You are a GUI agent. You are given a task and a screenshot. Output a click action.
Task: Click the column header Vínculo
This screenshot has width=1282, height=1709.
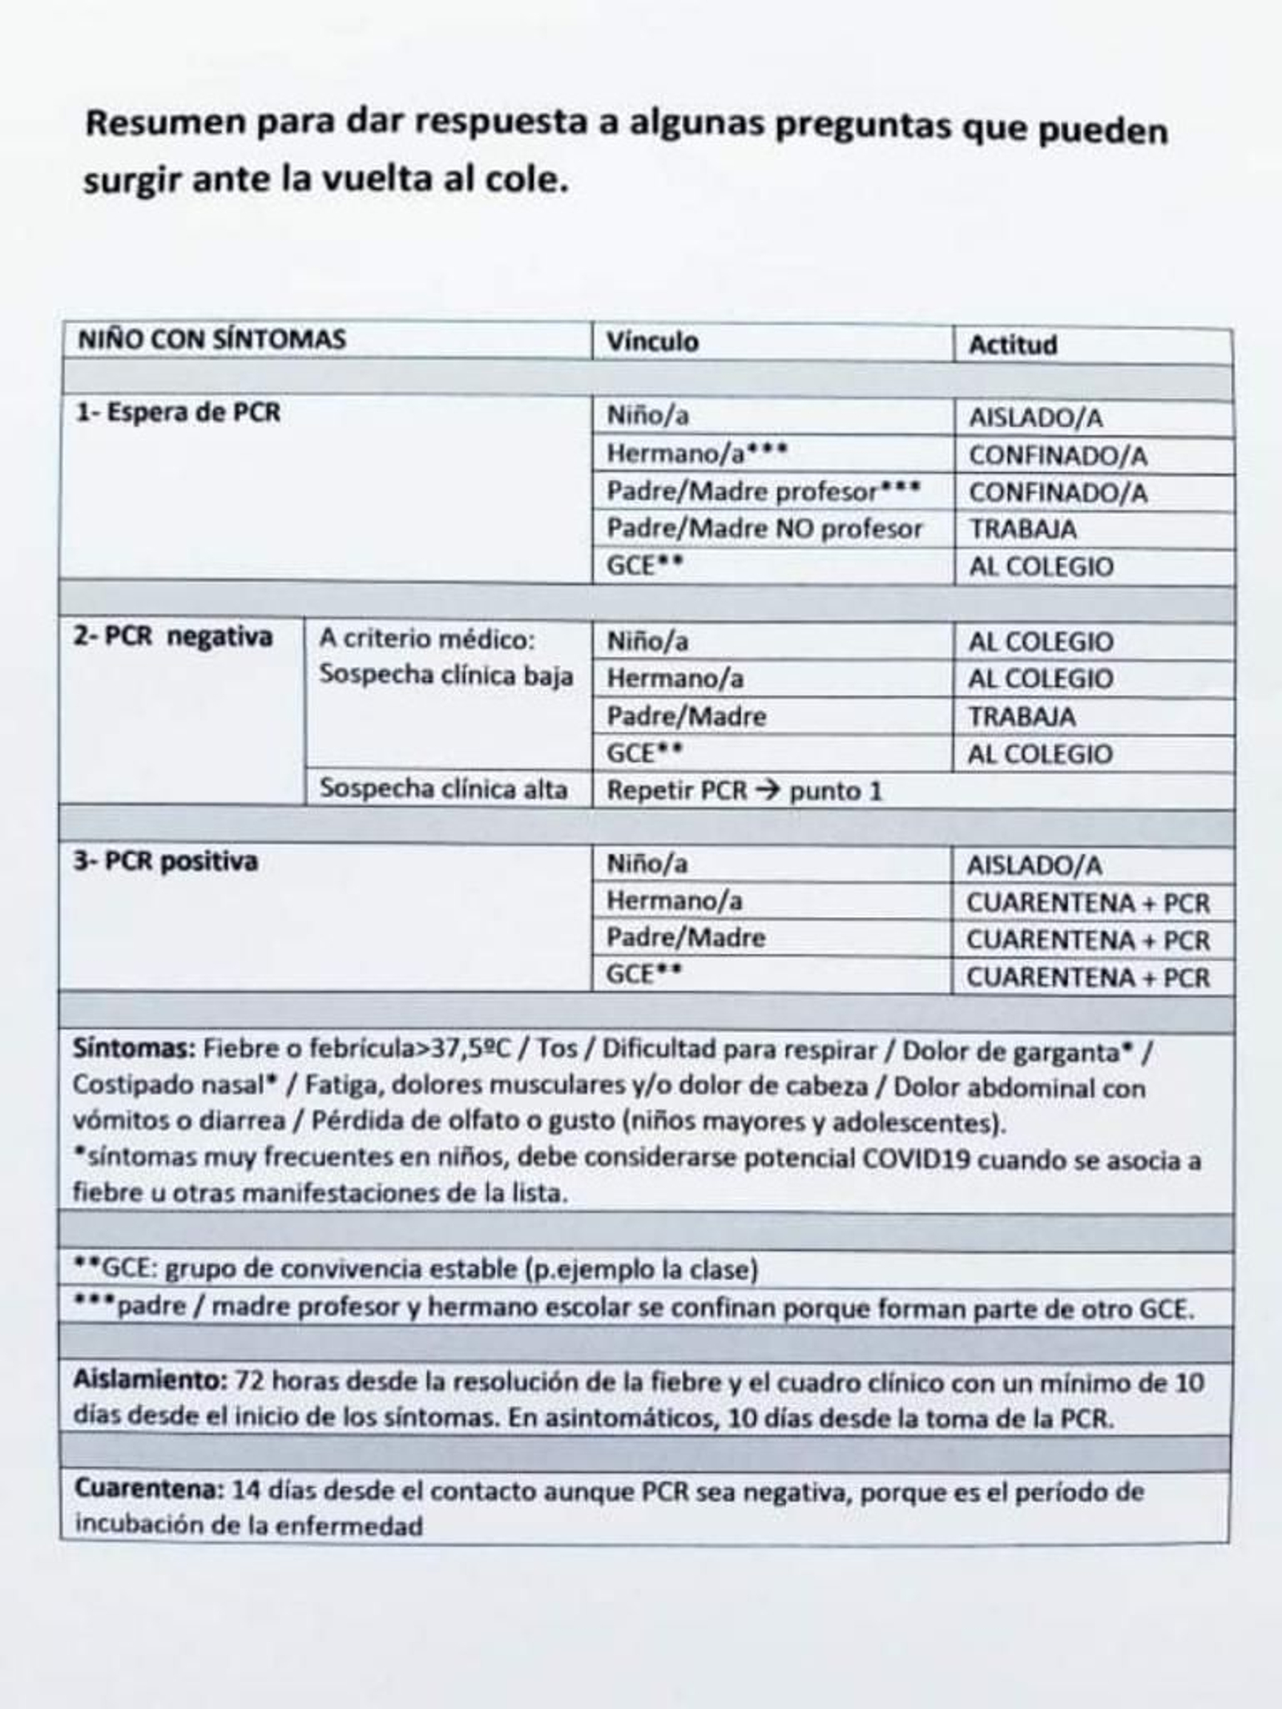click(x=652, y=342)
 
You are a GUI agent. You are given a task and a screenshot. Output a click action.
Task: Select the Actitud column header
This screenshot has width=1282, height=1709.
click(x=1013, y=345)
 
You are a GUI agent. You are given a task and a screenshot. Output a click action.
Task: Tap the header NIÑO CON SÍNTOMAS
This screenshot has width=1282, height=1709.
click(x=212, y=340)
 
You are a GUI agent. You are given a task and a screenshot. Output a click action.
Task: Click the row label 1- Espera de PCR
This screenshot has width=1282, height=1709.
click(x=178, y=413)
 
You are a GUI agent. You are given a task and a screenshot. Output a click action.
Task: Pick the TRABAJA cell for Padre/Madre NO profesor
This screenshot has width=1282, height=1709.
click(x=1023, y=530)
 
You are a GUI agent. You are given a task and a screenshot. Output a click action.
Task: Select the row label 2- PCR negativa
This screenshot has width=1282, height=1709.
click(x=173, y=638)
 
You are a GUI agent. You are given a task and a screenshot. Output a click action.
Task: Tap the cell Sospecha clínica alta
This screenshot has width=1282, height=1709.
click(x=443, y=789)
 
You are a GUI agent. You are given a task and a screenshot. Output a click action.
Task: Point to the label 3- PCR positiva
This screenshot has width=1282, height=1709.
click(x=166, y=862)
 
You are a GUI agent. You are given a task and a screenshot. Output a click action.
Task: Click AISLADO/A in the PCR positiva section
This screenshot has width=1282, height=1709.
click(x=1034, y=865)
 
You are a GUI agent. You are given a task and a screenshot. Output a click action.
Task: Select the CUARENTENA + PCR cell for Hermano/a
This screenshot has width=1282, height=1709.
click(x=1087, y=903)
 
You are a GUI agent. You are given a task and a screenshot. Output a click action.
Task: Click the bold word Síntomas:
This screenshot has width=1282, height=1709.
click(x=133, y=1049)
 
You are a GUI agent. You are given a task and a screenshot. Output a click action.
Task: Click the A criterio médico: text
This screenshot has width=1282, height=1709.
click(x=426, y=639)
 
